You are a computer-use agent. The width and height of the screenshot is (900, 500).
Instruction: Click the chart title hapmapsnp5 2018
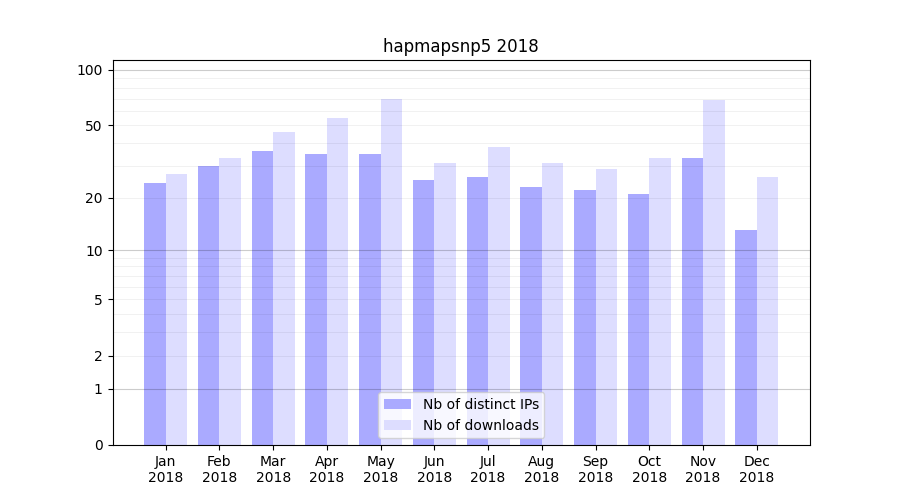tap(460, 46)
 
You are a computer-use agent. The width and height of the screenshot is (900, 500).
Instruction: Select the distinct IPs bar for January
tap(155, 314)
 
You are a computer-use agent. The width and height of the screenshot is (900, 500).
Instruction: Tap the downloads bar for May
tap(391, 272)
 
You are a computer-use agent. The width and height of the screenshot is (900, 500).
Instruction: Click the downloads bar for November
tap(714, 272)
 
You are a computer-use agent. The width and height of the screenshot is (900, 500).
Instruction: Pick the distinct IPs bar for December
tap(746, 338)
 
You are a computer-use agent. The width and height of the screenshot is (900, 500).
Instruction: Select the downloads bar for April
tap(338, 281)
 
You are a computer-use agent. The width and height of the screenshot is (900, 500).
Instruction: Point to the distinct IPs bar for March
tap(262, 298)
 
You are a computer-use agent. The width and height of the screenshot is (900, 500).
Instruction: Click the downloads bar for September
tap(606, 307)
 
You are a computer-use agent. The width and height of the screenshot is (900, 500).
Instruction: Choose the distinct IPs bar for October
tap(638, 319)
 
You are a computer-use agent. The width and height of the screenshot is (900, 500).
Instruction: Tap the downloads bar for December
tap(768, 311)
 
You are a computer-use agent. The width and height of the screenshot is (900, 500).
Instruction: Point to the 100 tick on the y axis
tap(90, 70)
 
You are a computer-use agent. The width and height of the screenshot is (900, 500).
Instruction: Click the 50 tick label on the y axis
tap(94, 126)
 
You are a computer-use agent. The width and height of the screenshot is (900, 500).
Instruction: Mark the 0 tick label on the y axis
tap(98, 445)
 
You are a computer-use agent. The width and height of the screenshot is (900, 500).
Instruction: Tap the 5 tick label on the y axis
tap(98, 299)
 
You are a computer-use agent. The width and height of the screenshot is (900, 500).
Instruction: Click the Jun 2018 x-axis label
tap(434, 469)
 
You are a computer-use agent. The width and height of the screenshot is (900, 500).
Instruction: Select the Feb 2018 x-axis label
tap(219, 469)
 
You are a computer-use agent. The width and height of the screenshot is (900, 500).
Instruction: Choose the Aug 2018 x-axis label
tap(542, 469)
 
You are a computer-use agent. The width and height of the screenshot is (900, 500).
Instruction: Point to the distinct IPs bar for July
tap(477, 311)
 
